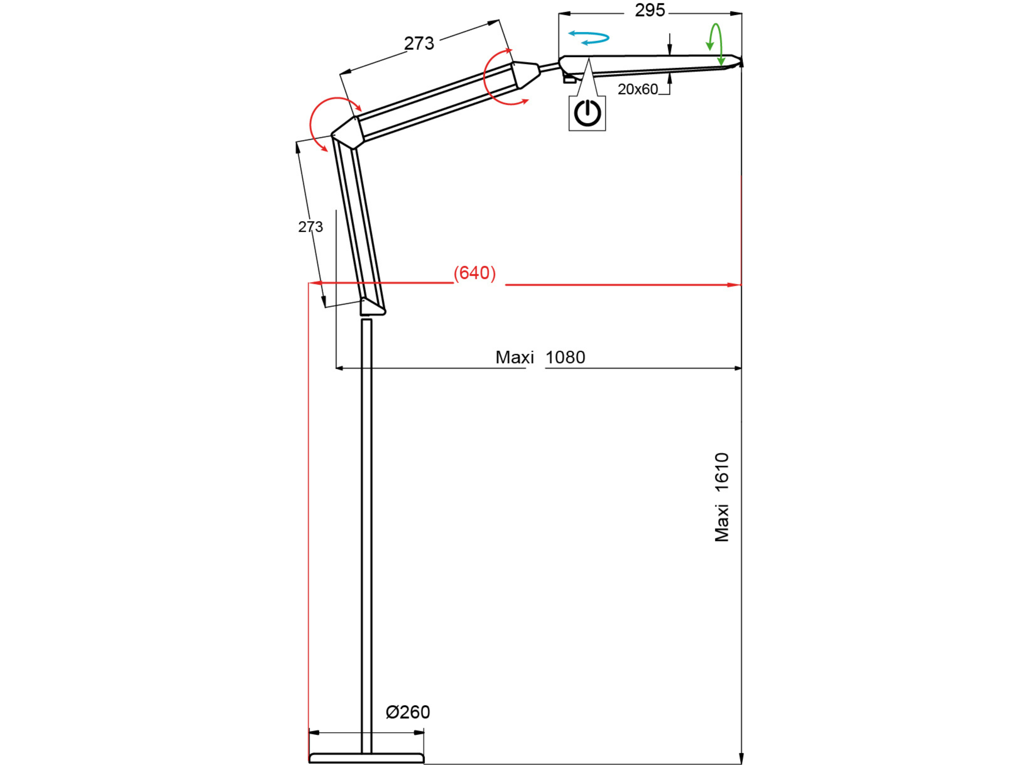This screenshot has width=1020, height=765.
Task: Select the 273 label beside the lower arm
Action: [310, 227]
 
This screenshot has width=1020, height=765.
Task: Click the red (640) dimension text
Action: [475, 273]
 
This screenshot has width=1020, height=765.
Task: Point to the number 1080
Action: [565, 357]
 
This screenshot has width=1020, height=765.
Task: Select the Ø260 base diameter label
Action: [408, 712]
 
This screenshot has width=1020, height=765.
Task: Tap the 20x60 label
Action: [638, 89]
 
